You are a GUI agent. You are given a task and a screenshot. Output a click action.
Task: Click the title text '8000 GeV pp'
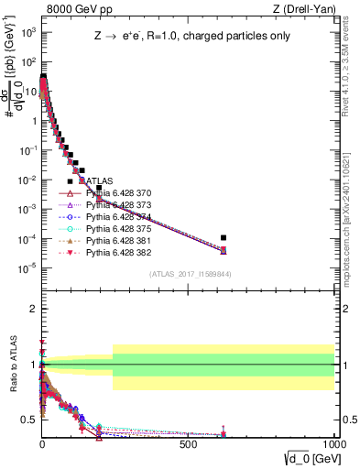72,10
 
